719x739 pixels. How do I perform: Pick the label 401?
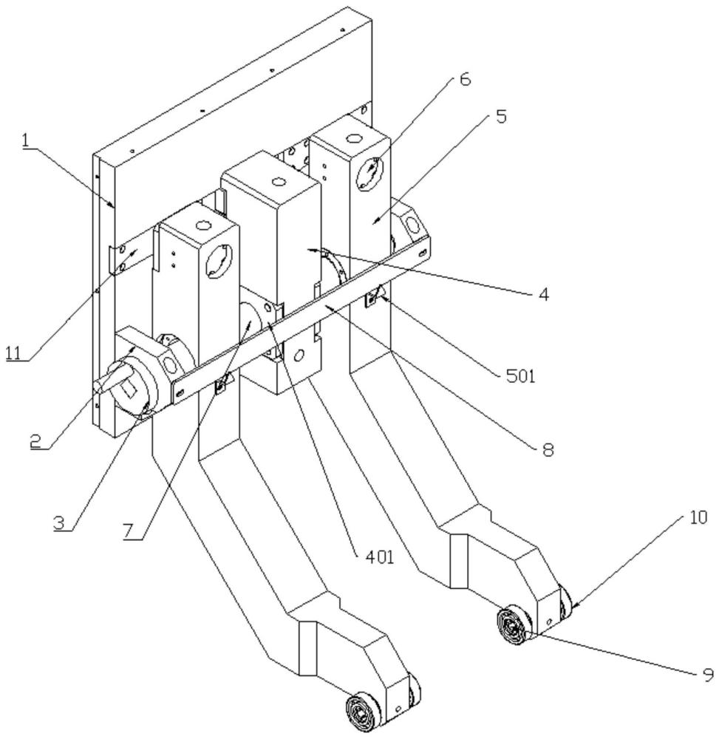380,557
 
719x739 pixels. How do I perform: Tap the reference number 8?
548,449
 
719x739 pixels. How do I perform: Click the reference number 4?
544,295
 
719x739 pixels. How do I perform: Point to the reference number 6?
465,79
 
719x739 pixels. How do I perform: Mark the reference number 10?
699,517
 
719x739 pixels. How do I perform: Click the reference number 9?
708,675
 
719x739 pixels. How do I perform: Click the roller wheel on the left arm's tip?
362,711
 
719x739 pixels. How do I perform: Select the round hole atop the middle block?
278,182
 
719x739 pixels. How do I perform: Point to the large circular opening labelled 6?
370,173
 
